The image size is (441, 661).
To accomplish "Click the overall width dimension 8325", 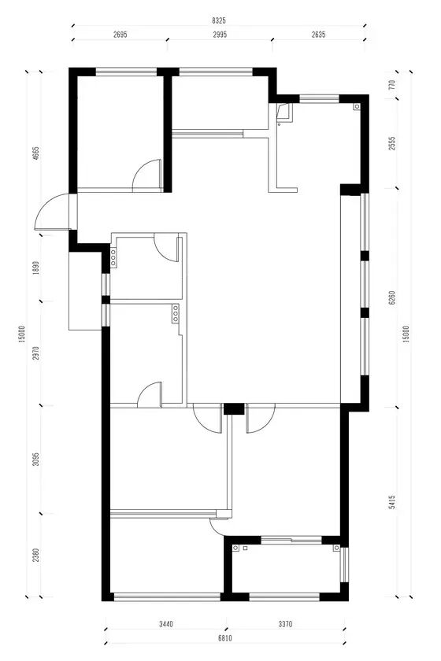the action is pos(219,20).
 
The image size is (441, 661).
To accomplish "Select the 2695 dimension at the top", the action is pos(120,35).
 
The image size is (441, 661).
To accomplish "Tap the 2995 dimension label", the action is pos(220,35).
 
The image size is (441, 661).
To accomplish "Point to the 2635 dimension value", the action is pos(319,35).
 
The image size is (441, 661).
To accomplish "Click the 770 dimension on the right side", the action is pos(392,86).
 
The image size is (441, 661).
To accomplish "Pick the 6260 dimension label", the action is pos(392,298).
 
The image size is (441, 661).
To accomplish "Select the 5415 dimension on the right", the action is pos(392,502).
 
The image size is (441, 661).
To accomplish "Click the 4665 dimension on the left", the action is pos(36,153).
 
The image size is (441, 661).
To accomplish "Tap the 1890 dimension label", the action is pos(36,268).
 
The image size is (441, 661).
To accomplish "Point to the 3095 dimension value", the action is pos(36,459).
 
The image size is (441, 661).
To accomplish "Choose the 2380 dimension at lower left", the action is pos(36,555).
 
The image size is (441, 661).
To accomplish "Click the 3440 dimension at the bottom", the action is pos(166,624).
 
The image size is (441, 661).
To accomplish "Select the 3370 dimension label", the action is pos(285,624).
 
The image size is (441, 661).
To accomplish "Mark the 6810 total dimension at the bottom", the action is pos(225,638).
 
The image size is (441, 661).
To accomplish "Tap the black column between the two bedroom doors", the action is pos(234,409).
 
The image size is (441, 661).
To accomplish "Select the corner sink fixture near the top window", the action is pos(283,112).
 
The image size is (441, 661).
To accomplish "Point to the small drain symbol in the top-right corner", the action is pos(357,107).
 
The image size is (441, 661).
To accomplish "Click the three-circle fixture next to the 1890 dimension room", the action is pos(113,257).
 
